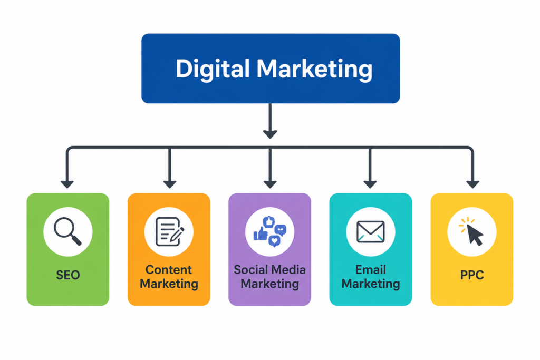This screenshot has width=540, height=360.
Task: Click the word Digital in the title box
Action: click(x=213, y=70)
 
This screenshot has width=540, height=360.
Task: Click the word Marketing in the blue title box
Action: click(x=314, y=70)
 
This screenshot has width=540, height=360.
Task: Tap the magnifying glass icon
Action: click(x=68, y=231)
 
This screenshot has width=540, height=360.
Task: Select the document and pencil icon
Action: click(x=169, y=231)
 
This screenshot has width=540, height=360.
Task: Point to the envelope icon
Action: click(x=371, y=231)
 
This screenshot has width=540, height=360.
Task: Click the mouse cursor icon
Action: click(x=471, y=231)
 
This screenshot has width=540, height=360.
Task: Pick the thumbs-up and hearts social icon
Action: click(x=269, y=231)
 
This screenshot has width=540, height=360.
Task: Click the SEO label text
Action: click(x=68, y=275)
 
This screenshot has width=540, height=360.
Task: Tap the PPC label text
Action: click(x=472, y=275)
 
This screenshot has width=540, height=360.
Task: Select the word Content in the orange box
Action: click(x=169, y=269)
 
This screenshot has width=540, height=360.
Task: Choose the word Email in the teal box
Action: click(x=371, y=269)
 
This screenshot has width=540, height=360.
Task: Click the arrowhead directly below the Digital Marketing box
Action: click(x=270, y=134)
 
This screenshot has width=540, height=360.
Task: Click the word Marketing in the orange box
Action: click(x=169, y=284)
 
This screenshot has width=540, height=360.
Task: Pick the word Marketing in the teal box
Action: click(x=371, y=284)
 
